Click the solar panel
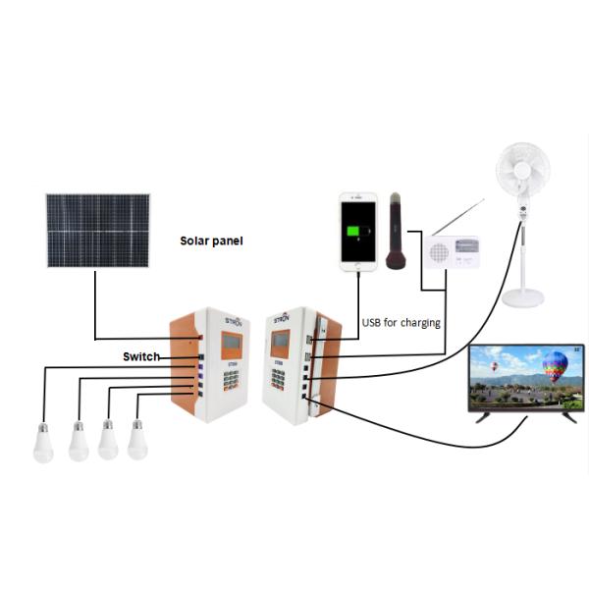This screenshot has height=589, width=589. [97, 231]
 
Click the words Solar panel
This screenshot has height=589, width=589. [211, 241]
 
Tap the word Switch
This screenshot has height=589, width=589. [141, 356]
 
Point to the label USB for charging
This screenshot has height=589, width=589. [402, 323]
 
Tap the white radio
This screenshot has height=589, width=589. [452, 251]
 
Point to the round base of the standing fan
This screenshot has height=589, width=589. [521, 296]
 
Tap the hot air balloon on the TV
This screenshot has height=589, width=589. [555, 365]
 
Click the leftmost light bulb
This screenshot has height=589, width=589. [43, 444]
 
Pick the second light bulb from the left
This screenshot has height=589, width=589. [79, 443]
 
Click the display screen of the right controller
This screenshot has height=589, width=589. [281, 343]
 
